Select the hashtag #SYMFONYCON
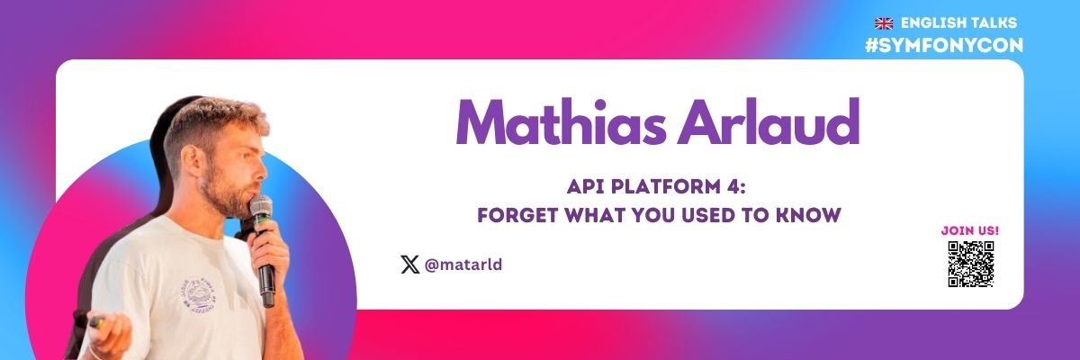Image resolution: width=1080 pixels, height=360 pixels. click(943, 45)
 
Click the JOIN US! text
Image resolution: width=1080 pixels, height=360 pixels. click(970, 230)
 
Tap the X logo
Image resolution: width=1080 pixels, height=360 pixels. click(409, 265)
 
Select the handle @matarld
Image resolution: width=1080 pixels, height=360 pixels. click(463, 265)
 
